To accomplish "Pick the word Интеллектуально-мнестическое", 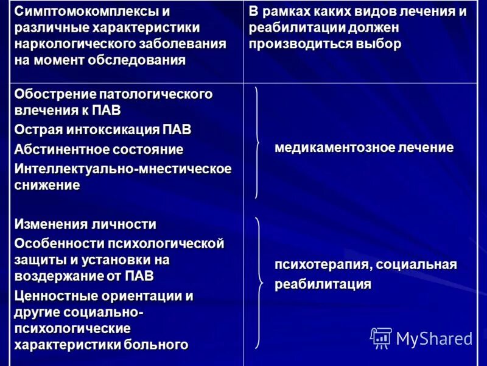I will tap(123, 168).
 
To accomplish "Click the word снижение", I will tap(47, 185).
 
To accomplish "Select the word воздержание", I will tap(58, 275).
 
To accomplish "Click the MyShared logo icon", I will tap(380, 337).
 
